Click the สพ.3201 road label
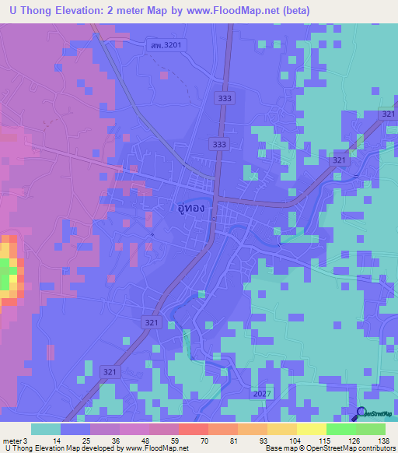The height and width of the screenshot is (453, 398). coord(166,45)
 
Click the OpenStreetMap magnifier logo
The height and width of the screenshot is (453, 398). coord(361,414)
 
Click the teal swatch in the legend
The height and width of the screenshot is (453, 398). coord(46,429)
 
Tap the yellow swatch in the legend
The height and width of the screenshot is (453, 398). coord(312,429)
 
